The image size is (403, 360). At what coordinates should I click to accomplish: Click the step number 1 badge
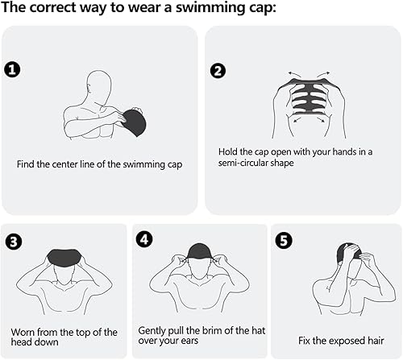[x=11, y=69]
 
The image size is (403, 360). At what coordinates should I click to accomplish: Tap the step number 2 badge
[x=217, y=69]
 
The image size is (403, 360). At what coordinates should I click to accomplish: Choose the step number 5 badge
[x=281, y=239]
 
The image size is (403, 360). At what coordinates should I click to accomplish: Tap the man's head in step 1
[x=98, y=84]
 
